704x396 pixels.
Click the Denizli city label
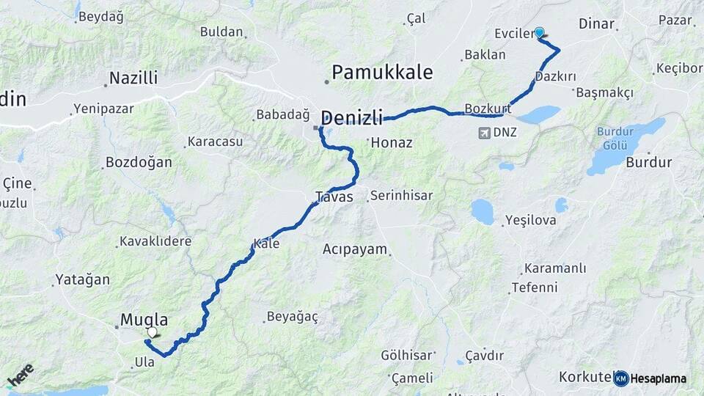pyautogui.click(x=352, y=117)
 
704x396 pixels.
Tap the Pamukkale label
pyautogui.click(x=381, y=73)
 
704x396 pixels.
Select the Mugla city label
pyautogui.click(x=144, y=320)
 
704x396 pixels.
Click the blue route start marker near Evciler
pyautogui.click(x=540, y=32)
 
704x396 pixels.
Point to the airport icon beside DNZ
pyautogui.click(x=483, y=133)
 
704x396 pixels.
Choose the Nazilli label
pyautogui.click(x=133, y=78)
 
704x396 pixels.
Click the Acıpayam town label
pyautogui.click(x=354, y=249)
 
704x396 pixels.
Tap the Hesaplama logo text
pyautogui.click(x=658, y=378)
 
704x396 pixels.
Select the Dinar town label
pyautogui.click(x=596, y=23)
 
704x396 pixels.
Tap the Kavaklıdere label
pyautogui.click(x=155, y=241)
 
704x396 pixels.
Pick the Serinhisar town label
pyautogui.click(x=401, y=196)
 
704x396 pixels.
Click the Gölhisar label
pyautogui.click(x=406, y=356)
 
